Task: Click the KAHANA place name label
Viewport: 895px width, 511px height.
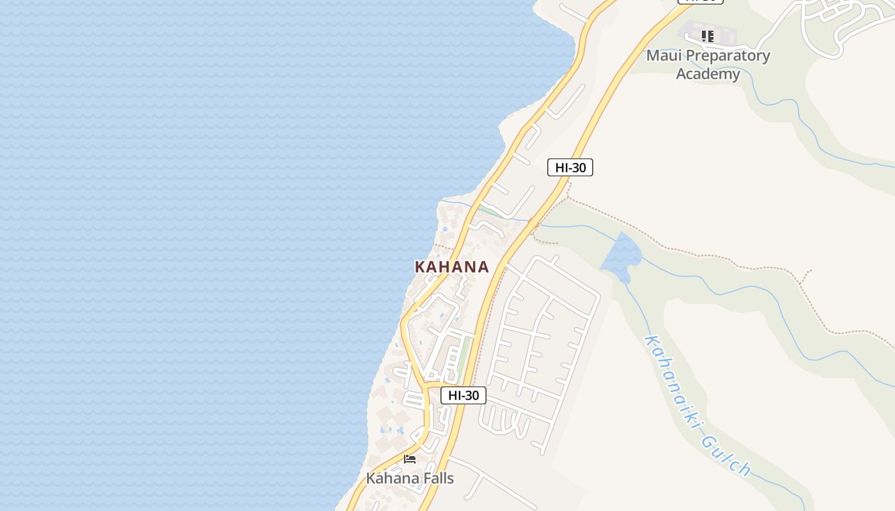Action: [x=452, y=267]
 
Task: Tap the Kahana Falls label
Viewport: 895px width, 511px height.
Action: [x=410, y=478]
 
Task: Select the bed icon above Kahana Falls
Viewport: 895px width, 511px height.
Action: [x=410, y=459]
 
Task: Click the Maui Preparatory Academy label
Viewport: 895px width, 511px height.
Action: [x=708, y=65]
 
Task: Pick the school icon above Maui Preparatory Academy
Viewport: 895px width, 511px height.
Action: [x=707, y=36]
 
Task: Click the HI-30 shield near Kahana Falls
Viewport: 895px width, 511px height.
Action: [x=463, y=395]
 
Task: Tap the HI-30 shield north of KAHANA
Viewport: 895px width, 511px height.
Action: [x=570, y=167]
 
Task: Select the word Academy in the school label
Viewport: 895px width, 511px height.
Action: [x=708, y=74]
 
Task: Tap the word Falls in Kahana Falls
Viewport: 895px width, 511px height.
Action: [x=434, y=478]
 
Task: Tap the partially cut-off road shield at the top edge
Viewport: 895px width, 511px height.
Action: [x=701, y=1]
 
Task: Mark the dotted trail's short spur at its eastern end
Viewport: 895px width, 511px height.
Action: [x=807, y=276]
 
